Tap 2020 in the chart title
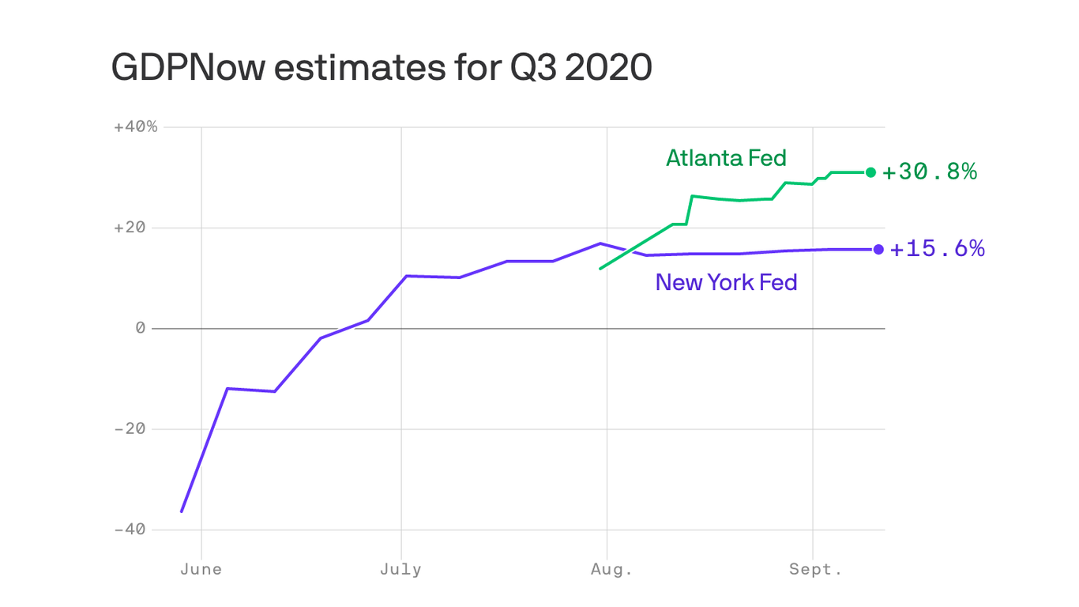609,68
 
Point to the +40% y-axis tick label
136,127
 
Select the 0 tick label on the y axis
141,328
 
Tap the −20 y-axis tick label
130,428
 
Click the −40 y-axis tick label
130,529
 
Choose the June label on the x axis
201,570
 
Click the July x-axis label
400,570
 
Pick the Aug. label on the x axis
611,570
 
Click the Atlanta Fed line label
726,158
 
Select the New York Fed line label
726,282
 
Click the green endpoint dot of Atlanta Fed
870,172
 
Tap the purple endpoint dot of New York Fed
878,250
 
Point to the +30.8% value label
930,172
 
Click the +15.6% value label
938,249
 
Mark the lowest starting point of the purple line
182,511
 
